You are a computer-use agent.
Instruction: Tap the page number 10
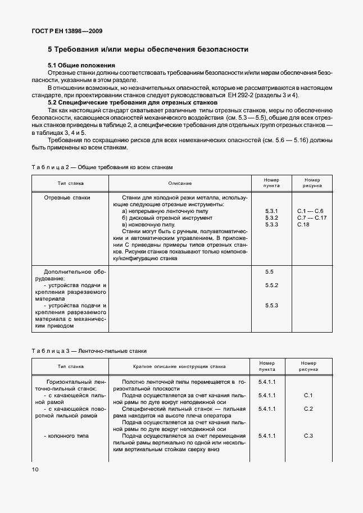35,469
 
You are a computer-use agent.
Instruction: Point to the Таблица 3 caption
89,351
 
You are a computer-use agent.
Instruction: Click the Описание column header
179,183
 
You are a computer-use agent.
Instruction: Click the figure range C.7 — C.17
311,217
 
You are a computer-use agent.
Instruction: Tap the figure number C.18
303,224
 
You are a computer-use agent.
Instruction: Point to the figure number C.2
308,408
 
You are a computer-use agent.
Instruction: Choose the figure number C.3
308,435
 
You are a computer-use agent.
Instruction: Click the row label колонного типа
65,435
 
